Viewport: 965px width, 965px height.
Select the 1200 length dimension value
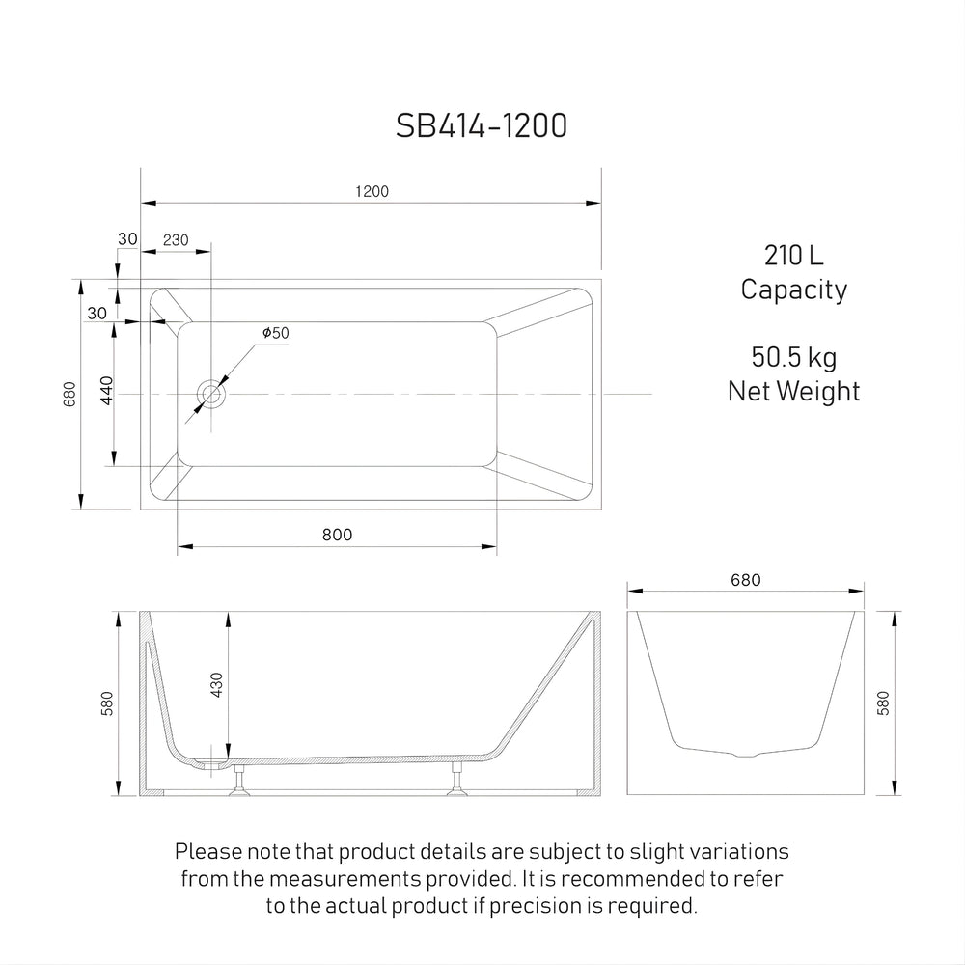coord(372,191)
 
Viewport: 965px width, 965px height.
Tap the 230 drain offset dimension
coord(176,240)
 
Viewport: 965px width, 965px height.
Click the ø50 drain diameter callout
coord(275,333)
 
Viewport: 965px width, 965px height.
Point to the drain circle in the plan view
coord(211,394)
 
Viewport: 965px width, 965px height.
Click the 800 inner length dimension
coord(338,535)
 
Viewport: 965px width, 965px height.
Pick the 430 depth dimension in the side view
coord(217,684)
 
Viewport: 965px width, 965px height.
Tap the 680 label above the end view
coord(746,580)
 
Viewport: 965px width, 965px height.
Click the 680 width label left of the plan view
coord(69,394)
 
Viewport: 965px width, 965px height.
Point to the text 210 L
coord(793,256)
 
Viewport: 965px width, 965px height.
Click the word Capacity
coord(793,289)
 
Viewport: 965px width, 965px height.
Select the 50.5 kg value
coord(793,358)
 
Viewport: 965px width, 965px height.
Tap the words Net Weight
coord(793,391)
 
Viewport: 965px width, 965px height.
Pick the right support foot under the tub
coord(455,784)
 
